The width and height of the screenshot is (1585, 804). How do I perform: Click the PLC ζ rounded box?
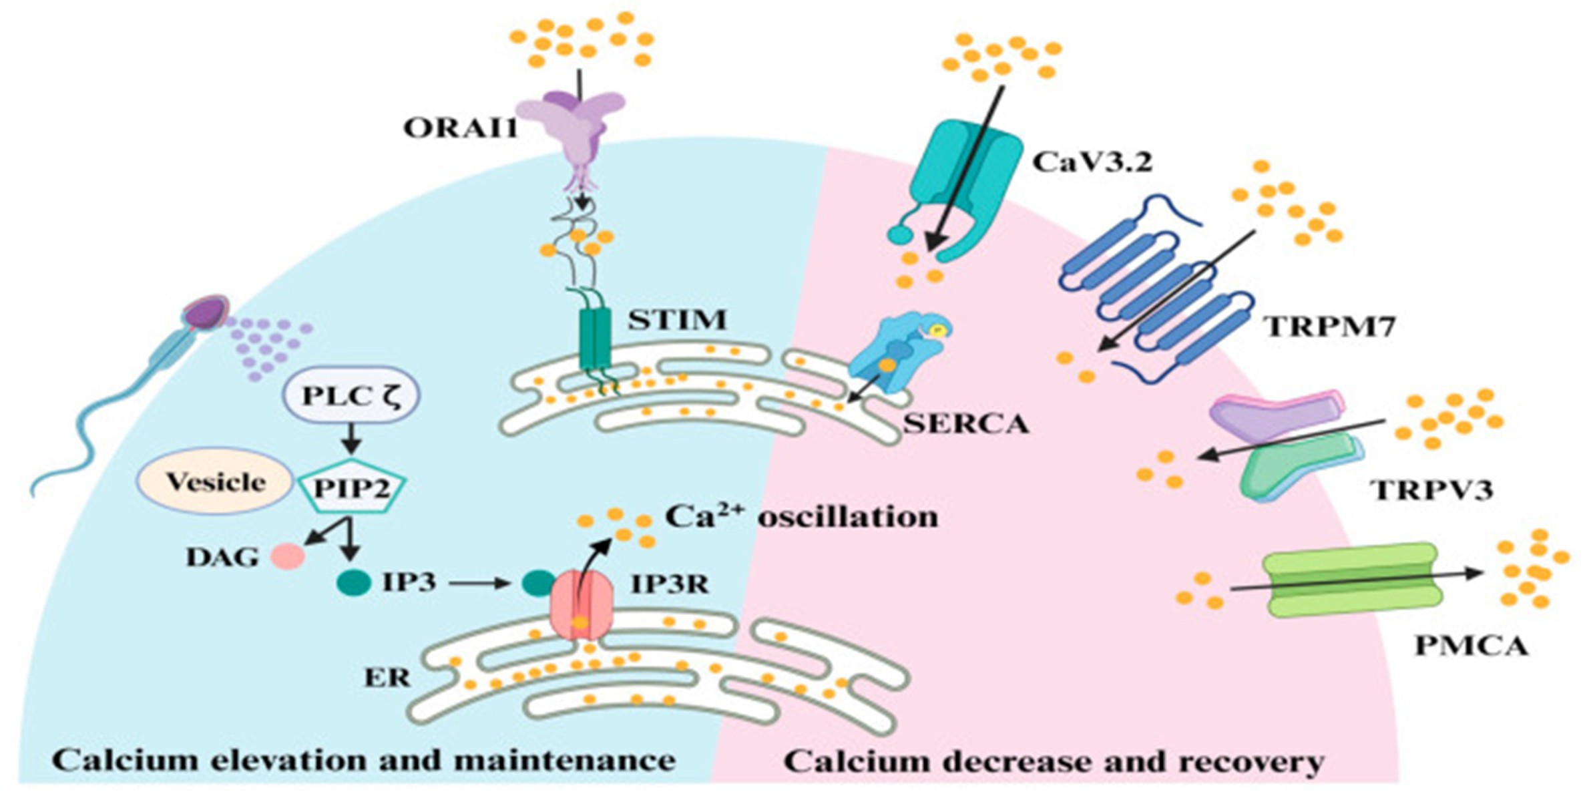(352, 396)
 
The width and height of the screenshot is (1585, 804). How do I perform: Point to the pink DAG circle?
(288, 556)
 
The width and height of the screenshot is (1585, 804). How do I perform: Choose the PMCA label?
(1471, 646)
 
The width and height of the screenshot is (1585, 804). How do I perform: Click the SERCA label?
(966, 423)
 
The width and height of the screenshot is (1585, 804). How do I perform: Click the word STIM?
(676, 320)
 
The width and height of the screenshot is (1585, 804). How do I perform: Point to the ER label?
(388, 678)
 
